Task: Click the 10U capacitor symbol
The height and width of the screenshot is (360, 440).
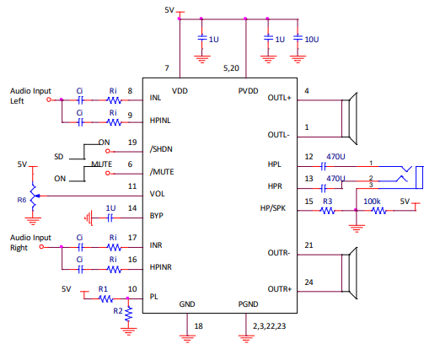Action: [x=298, y=37]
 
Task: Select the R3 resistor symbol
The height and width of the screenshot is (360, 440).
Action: [x=328, y=211]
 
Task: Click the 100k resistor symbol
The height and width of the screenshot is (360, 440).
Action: [x=379, y=211]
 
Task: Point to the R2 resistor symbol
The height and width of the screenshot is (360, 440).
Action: [x=128, y=314]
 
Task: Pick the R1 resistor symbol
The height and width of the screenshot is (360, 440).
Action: [x=106, y=298]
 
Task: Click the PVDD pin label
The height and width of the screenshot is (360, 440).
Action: [x=248, y=91]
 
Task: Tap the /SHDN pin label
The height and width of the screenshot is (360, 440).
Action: [x=161, y=149]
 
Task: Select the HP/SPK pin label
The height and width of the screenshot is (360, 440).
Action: [x=273, y=208]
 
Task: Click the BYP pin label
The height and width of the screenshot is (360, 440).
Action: [x=157, y=216]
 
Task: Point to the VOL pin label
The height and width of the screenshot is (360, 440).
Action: [x=157, y=194]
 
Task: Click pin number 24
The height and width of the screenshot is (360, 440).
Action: [x=309, y=282]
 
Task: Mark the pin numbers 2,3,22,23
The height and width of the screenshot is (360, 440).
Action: [x=269, y=326]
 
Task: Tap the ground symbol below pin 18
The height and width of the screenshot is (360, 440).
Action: [x=187, y=339]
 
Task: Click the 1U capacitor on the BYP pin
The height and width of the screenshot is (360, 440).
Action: [x=110, y=218]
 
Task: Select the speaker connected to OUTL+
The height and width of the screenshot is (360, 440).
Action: [x=350, y=119]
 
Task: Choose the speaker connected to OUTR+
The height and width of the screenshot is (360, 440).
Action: [x=350, y=273]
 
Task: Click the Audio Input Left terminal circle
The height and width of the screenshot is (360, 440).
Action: [x=49, y=99]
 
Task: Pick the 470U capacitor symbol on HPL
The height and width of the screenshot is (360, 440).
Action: [x=324, y=167]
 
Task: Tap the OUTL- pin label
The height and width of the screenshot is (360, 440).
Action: [x=278, y=135]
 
